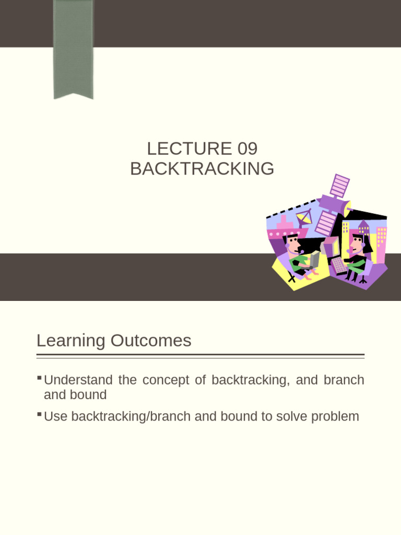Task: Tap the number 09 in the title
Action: click(247, 149)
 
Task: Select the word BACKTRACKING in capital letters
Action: click(202, 169)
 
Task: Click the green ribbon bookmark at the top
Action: click(73, 50)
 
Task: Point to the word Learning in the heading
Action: click(71, 341)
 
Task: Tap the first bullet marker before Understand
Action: click(40, 377)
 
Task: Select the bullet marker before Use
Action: click(40, 414)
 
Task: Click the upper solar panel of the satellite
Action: click(340, 185)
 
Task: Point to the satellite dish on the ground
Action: click(303, 217)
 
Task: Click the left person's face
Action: click(294, 245)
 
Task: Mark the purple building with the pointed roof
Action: click(363, 230)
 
